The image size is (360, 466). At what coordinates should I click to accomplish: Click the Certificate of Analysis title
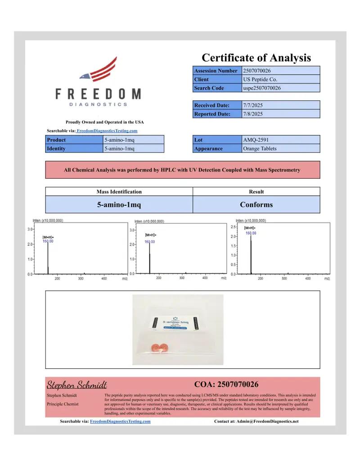coord(256,58)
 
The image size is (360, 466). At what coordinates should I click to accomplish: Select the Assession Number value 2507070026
coord(257,71)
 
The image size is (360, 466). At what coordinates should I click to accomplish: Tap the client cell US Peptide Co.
coord(257,79)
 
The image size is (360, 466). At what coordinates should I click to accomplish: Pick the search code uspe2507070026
coord(261,88)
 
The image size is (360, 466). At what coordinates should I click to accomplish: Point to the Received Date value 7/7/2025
coord(252,105)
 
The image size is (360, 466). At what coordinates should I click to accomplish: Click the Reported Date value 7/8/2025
coord(252,114)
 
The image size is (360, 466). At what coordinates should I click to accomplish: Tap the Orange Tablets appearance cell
coord(260,149)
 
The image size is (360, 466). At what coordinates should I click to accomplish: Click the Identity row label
coord(56,149)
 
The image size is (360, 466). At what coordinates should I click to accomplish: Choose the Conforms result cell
coord(256,204)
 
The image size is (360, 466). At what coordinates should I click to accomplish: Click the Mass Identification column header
coord(119,191)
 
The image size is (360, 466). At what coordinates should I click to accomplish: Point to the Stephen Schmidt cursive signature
coord(77,385)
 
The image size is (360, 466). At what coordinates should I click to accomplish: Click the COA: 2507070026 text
coord(226,384)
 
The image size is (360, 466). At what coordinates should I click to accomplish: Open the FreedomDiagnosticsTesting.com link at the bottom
coord(120,421)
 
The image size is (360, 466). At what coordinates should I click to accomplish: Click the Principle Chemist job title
coord(63,404)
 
